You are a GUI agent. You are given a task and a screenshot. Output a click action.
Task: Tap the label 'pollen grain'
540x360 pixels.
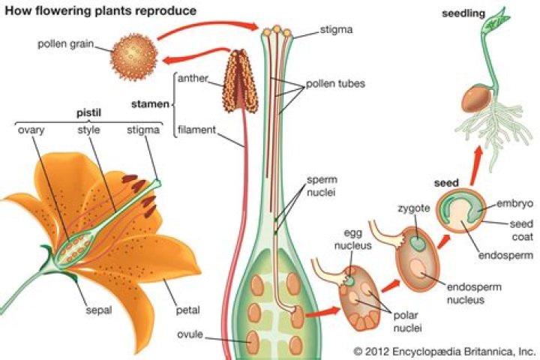coord(65,43)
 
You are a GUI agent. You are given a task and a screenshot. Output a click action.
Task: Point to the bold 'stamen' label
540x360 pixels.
coord(151,103)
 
